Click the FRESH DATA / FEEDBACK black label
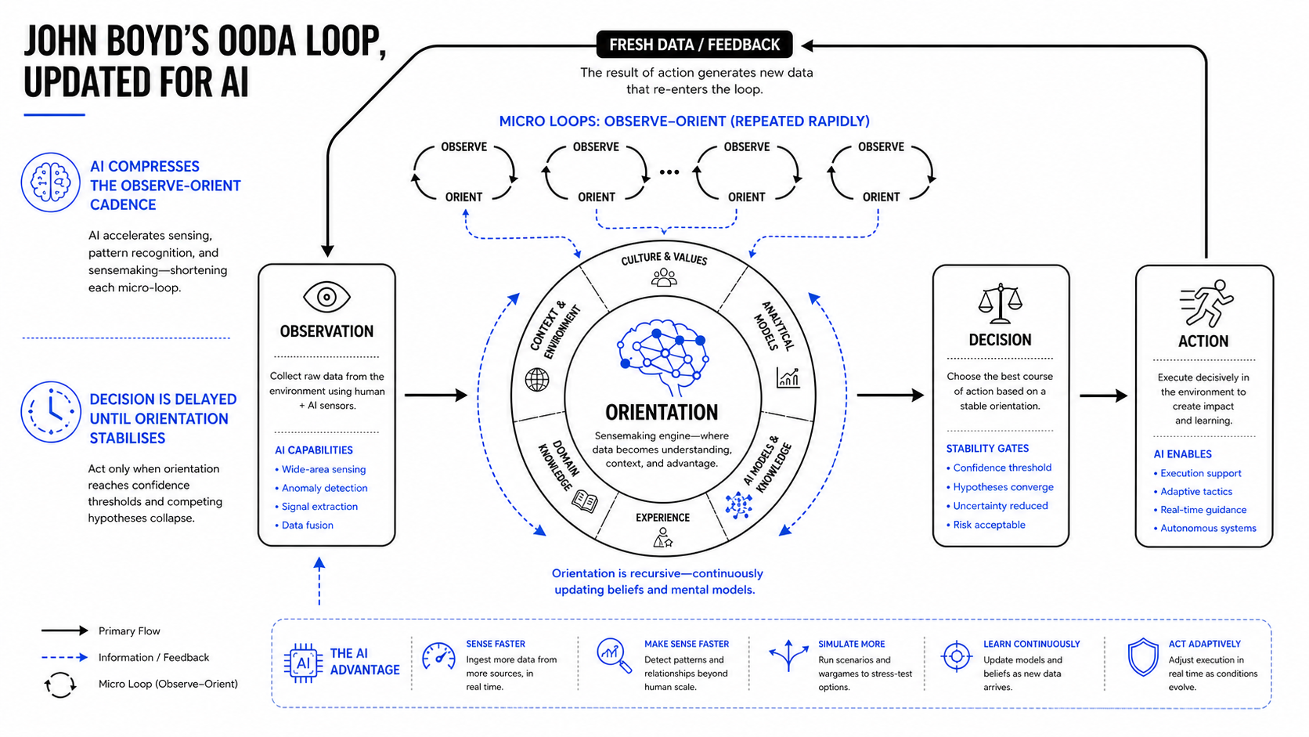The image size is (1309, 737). click(x=694, y=45)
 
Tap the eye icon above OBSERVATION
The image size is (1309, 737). click(x=326, y=298)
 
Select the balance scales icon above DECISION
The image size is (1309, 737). click(x=1001, y=303)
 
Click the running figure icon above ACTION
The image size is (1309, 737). click(x=1206, y=303)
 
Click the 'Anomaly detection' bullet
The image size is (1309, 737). click(x=322, y=488)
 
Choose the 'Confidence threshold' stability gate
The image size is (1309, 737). click(x=999, y=468)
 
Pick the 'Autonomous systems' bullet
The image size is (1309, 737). click(x=1205, y=529)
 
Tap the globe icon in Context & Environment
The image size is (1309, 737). click(x=536, y=380)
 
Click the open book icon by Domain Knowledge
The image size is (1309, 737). click(x=585, y=501)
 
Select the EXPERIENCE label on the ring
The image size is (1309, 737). click(x=662, y=518)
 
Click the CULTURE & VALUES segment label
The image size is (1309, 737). click(x=664, y=258)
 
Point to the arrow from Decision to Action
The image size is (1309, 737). click(x=1103, y=396)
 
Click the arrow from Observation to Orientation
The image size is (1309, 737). click(x=436, y=395)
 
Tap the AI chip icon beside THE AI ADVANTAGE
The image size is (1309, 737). click(x=303, y=663)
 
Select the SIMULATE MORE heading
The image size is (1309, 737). click(x=852, y=644)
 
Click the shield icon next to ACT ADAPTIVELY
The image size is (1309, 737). click(x=1142, y=657)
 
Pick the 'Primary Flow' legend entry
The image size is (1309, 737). click(x=129, y=631)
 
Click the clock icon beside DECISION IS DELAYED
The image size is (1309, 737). click(x=51, y=412)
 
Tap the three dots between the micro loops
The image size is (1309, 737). click(x=669, y=172)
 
